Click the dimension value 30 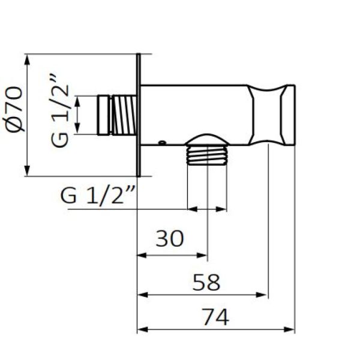(x=169, y=239)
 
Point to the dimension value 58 (x=206, y=281)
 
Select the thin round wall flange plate (x=139, y=115)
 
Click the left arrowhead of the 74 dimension (x=142, y=329)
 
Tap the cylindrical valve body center (x=195, y=114)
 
